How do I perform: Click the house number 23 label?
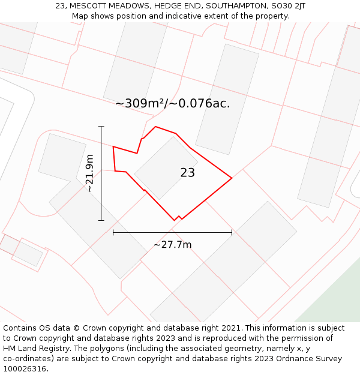[187, 173]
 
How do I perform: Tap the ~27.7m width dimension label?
[173, 245]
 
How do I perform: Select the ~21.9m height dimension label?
[89, 173]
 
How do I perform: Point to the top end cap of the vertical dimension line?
[101, 127]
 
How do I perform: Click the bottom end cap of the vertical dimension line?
[101, 220]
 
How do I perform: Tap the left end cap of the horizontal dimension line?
[113, 232]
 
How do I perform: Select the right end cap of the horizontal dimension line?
[232, 232]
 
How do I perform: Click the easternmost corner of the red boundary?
[232, 178]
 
